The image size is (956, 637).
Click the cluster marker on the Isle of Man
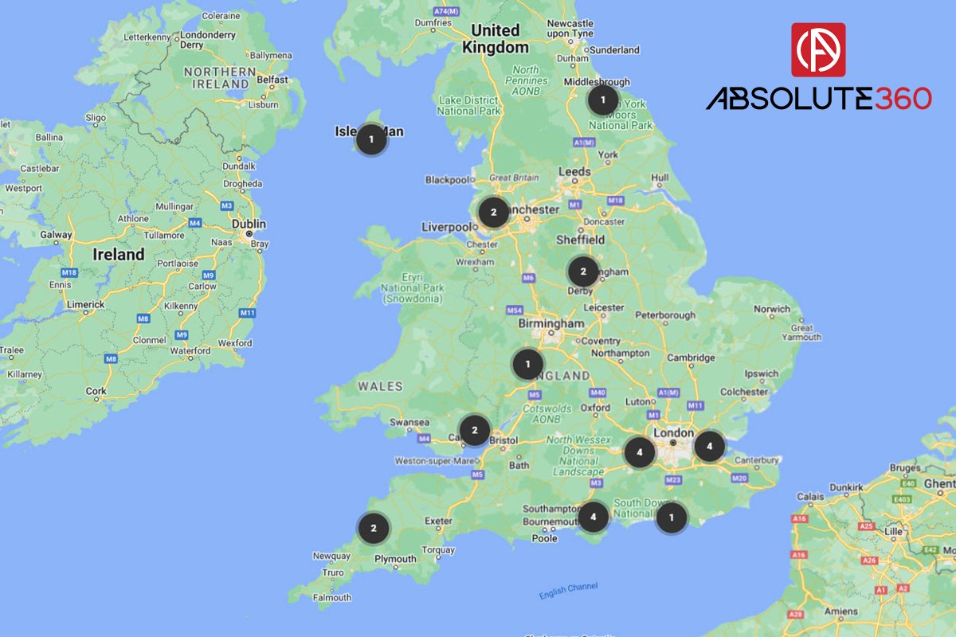tap(370, 139)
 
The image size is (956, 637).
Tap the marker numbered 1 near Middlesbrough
tap(603, 100)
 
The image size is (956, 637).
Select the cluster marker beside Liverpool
tap(493, 213)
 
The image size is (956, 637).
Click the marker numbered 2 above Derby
tap(582, 272)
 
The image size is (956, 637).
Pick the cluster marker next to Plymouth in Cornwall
tap(373, 527)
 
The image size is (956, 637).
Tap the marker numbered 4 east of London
tap(709, 446)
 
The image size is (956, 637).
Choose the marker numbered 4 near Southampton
tap(593, 518)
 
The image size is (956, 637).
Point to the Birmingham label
tap(550, 324)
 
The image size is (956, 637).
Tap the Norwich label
tap(772, 309)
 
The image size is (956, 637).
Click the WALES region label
tap(380, 386)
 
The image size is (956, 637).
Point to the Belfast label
tap(272, 80)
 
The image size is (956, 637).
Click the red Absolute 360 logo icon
tap(818, 49)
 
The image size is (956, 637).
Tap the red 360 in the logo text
tap(903, 99)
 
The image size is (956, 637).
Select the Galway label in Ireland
tap(57, 235)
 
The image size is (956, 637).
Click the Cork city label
tap(96, 391)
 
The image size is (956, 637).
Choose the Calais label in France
tap(811, 497)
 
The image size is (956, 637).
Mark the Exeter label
tap(438, 522)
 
